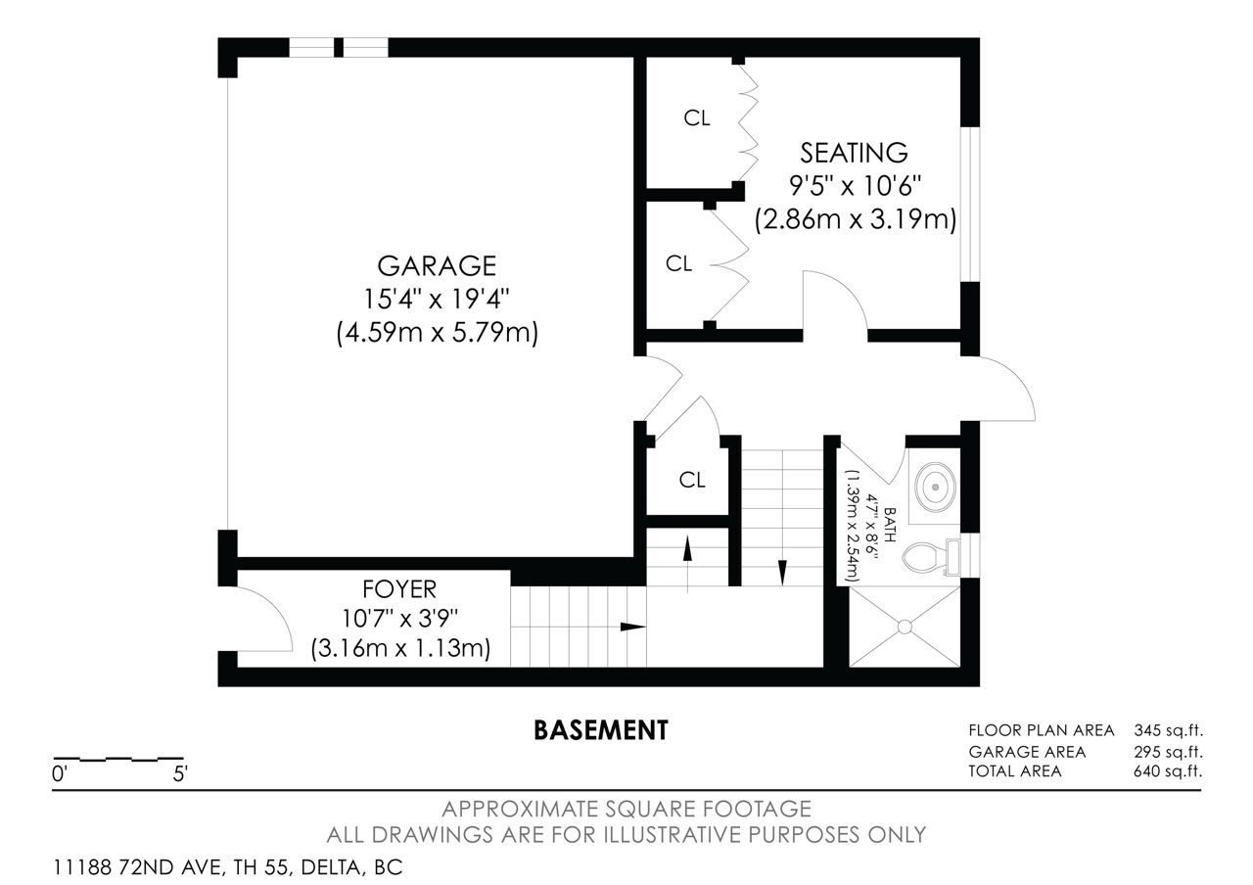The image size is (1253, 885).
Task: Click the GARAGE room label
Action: (437, 265)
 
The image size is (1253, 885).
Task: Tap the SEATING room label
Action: (854, 153)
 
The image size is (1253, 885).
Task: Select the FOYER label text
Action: (398, 589)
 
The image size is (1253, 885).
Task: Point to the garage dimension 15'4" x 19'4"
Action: (437, 299)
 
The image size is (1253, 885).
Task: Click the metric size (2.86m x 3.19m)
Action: (856, 219)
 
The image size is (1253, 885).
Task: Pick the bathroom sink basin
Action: (935, 487)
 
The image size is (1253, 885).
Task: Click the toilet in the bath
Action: (931, 557)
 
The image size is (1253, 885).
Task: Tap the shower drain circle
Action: (905, 628)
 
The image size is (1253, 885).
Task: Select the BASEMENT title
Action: (601, 730)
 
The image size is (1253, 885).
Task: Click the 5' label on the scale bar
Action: (180, 774)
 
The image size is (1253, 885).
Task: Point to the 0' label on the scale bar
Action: (60, 774)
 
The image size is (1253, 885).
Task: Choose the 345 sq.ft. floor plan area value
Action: (1168, 730)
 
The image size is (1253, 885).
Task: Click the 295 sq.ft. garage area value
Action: (1168, 751)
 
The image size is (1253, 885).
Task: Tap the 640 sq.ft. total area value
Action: (1168, 771)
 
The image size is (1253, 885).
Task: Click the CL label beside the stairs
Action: (692, 480)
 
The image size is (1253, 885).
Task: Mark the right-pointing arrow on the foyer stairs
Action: (633, 628)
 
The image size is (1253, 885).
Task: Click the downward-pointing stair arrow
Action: (782, 573)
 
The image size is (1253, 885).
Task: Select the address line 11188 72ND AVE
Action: (227, 867)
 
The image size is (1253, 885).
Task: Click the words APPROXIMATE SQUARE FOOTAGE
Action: (626, 809)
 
